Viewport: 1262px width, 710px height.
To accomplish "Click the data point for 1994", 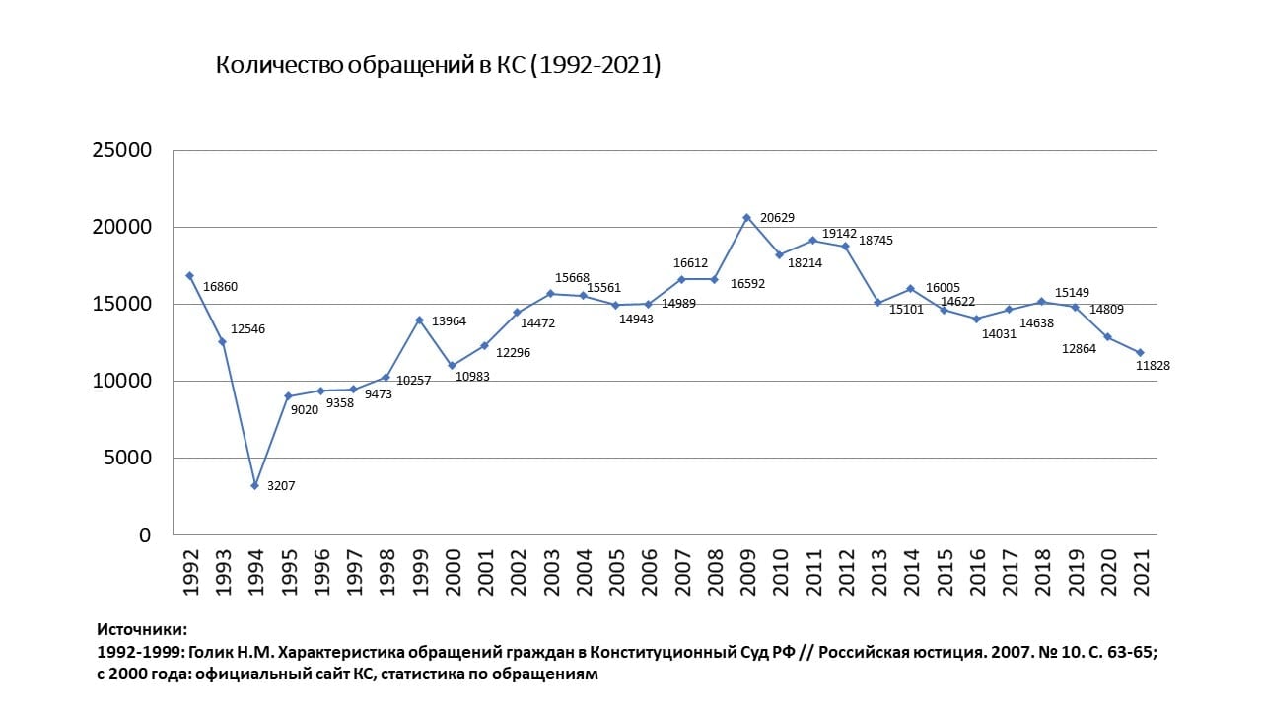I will pyautogui.click(x=255, y=485).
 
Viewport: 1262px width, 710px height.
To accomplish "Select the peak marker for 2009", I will pyautogui.click(x=746, y=217).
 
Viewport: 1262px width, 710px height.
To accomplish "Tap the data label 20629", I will pyautogui.click(x=779, y=218).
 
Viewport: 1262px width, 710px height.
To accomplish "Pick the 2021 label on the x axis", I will pyautogui.click(x=1140, y=572).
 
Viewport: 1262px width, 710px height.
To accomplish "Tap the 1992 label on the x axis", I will pyautogui.click(x=190, y=572).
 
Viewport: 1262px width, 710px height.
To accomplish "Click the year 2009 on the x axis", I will pyautogui.click(x=746, y=572).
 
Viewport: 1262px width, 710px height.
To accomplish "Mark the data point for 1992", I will pyautogui.click(x=189, y=275).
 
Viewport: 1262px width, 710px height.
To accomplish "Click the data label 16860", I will pyautogui.click(x=220, y=287).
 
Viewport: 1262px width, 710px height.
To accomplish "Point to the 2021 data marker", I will pyautogui.click(x=1140, y=352).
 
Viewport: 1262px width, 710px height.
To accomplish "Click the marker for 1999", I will pyautogui.click(x=419, y=319).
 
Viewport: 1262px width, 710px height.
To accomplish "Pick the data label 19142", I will pyautogui.click(x=841, y=234).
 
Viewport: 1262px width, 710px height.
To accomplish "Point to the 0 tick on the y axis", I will pyautogui.click(x=145, y=535).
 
